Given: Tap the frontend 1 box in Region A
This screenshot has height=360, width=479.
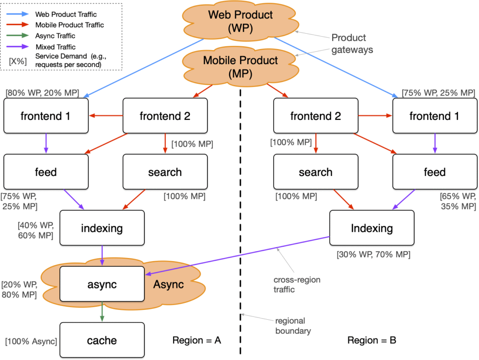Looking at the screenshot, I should coord(46,116).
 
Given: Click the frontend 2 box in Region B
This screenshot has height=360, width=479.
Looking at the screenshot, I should coord(316,116).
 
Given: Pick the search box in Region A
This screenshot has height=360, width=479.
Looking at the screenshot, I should coord(165,172).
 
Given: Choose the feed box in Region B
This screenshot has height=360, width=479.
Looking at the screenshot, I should coord(435,172).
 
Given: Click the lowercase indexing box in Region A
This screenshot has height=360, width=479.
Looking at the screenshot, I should coord(102,228).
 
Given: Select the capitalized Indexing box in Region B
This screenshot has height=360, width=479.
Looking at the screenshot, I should coord(372,228).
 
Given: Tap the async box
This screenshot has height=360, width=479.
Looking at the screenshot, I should coord(102,284).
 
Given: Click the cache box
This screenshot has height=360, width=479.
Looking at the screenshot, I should coord(102,340).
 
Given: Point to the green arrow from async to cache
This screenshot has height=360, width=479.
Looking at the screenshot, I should coord(102,312).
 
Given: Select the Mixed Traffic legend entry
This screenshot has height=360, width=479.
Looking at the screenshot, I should coord(55,46).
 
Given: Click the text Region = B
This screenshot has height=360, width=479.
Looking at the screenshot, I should coord(372,340).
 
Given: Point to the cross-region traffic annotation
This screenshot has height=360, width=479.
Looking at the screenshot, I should coord(291,284).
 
